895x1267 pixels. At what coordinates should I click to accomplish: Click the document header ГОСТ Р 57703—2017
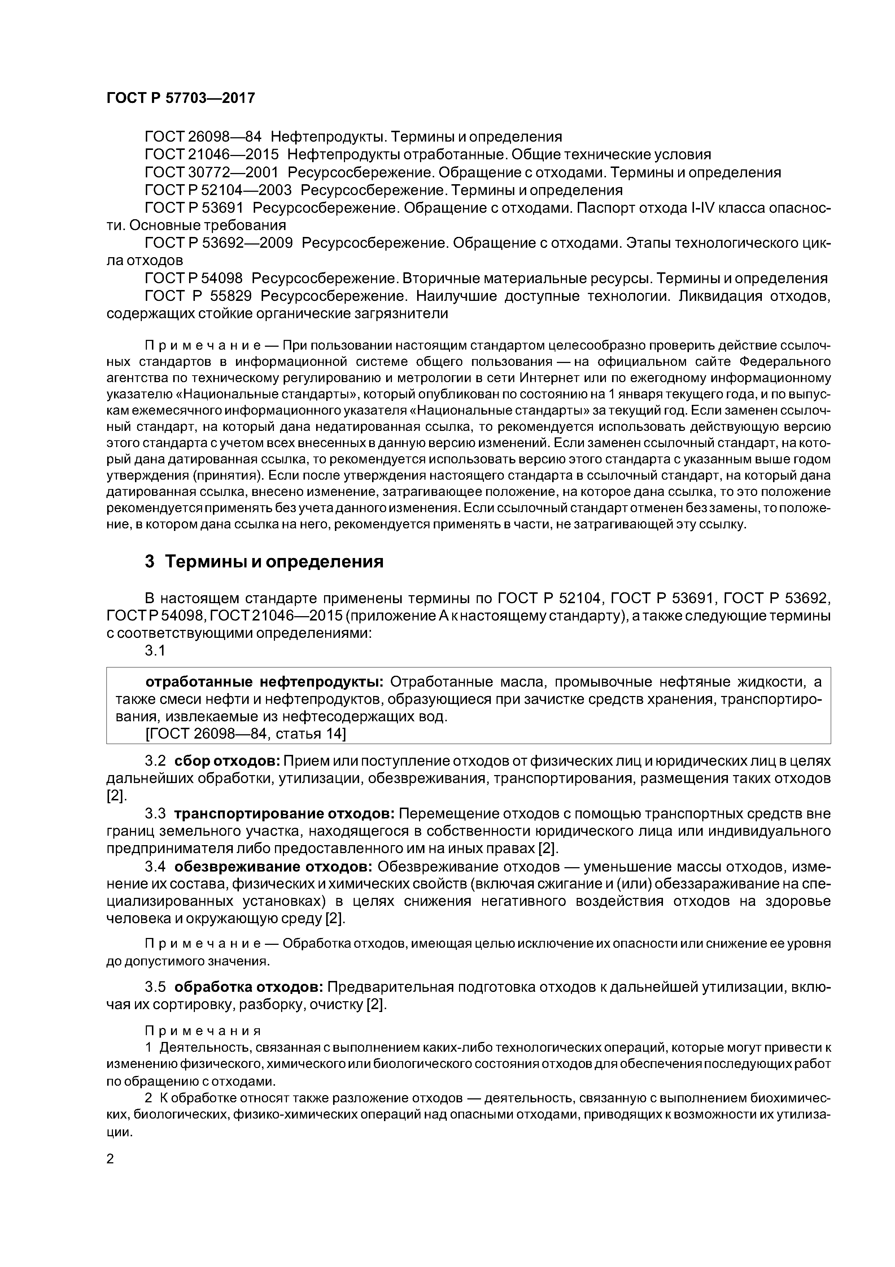(180, 98)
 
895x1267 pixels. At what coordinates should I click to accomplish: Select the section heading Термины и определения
(274, 562)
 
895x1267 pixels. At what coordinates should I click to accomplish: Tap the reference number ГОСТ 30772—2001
(212, 173)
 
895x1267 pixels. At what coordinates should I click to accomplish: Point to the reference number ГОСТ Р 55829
(198, 296)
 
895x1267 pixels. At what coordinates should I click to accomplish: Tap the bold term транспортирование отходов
(284, 814)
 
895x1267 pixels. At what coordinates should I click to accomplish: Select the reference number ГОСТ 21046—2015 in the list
(212, 155)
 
